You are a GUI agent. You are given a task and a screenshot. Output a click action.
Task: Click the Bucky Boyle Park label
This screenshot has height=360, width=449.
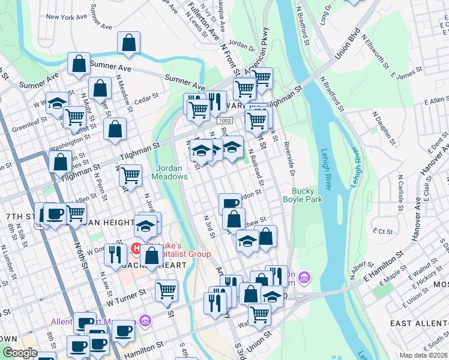pos(303,195)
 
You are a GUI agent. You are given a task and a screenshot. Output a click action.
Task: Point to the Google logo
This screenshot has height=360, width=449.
pos(19,353)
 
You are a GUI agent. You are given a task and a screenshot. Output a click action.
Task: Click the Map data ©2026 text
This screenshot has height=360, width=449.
pos(423,355)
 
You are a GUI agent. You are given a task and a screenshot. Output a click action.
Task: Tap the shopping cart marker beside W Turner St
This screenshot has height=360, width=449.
pos(166,291)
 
